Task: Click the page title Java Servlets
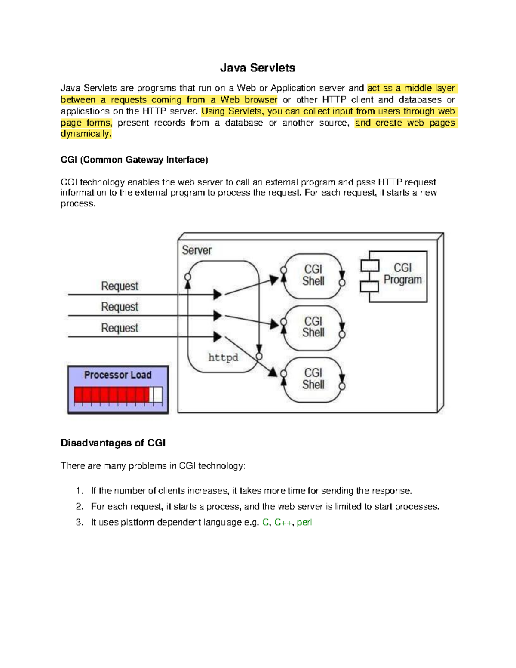click(258, 68)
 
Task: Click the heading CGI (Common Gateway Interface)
click(134, 160)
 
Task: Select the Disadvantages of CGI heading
click(113, 443)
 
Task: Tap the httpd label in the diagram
click(223, 357)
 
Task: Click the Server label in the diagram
click(197, 250)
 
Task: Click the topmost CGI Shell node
click(313, 275)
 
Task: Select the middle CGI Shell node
click(313, 327)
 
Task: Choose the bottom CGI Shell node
click(313, 379)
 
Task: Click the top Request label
click(120, 286)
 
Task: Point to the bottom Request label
click(120, 328)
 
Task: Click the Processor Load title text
click(118, 375)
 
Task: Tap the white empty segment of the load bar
click(157, 394)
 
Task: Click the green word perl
click(304, 523)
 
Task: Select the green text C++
click(283, 523)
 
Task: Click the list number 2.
click(79, 507)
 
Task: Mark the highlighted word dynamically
click(86, 134)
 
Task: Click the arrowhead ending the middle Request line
click(218, 316)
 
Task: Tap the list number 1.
click(79, 491)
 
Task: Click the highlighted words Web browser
click(249, 100)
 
